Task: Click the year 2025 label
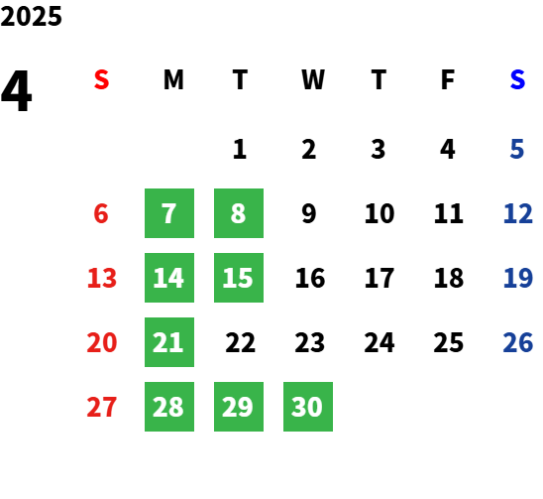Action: pos(31,16)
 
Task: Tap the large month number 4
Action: pos(17,91)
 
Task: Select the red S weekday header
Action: pos(101,79)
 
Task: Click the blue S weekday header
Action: pos(517,79)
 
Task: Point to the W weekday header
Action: pos(313,79)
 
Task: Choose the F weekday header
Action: pos(448,79)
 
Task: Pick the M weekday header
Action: pos(173,79)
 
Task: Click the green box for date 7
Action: pos(169,213)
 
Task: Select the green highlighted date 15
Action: pos(239,278)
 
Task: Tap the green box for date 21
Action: pos(169,342)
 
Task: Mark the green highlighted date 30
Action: pos(308,407)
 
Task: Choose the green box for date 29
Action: pos(239,407)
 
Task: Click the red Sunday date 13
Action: pos(102,278)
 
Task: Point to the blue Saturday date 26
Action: pos(517,342)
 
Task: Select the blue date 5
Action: pos(517,149)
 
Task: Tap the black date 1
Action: pos(240,149)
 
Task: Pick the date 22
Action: pos(241,342)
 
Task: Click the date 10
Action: pos(380,213)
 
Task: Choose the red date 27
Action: pos(101,407)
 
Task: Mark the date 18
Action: pos(449,278)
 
